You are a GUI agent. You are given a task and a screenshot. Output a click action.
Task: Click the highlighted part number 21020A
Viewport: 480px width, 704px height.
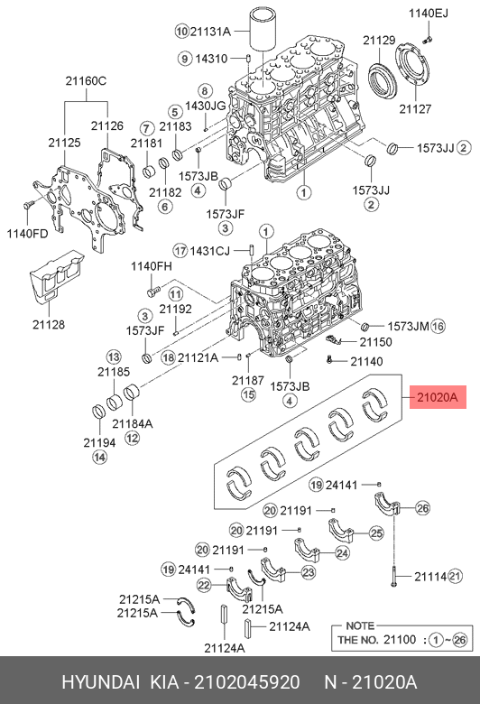tap(438, 397)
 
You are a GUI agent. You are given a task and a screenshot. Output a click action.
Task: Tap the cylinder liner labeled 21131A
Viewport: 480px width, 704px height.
tap(263, 31)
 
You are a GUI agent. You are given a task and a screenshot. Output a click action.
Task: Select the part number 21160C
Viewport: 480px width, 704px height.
tap(86, 81)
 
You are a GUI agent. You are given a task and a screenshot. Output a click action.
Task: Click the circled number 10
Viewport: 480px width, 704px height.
tap(181, 31)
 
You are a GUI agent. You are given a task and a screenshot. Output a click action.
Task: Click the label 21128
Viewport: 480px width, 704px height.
tap(49, 324)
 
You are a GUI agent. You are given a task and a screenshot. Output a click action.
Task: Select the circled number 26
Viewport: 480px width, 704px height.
tap(422, 508)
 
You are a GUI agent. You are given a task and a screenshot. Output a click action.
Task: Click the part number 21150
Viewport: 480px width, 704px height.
tap(376, 342)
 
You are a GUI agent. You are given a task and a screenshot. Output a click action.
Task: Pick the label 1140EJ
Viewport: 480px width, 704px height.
tap(429, 14)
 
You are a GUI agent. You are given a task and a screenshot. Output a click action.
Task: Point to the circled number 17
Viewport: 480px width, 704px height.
tap(180, 251)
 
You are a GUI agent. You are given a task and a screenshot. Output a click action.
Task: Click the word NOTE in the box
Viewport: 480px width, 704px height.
tap(360, 625)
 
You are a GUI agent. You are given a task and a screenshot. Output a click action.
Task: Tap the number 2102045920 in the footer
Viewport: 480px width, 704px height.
tap(247, 682)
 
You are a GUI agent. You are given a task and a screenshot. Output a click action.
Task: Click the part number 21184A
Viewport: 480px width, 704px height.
tap(133, 423)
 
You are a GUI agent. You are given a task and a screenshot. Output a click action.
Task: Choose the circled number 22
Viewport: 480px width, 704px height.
tap(204, 585)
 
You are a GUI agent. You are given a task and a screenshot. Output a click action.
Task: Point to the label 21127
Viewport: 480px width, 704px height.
tap(415, 108)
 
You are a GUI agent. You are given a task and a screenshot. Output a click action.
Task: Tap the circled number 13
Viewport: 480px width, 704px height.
tap(114, 357)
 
